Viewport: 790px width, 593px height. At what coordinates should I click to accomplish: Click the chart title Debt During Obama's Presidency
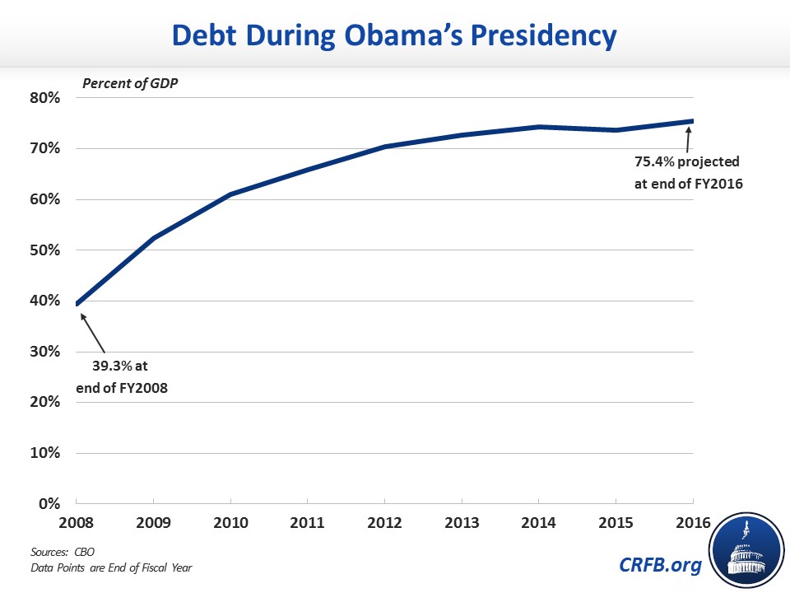click(394, 35)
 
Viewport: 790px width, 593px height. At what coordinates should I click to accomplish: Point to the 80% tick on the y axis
click(44, 98)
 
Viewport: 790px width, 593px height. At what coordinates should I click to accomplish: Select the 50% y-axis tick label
click(44, 250)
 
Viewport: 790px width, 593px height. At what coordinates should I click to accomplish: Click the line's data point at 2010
click(230, 194)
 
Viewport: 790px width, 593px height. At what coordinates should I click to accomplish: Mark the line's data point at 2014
click(538, 127)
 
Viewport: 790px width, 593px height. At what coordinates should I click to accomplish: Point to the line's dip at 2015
click(616, 130)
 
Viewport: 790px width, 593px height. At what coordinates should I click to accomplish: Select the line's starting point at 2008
click(77, 304)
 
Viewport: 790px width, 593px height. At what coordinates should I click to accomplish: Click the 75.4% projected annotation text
click(688, 173)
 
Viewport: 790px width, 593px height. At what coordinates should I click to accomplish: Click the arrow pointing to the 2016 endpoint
click(688, 138)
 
